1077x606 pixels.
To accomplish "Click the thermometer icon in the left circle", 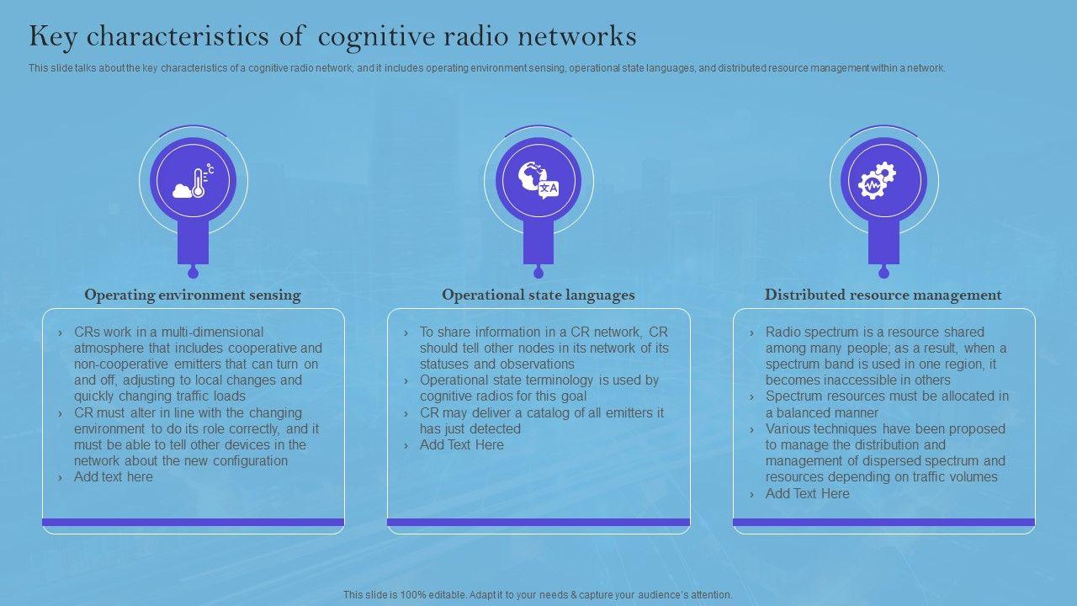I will (x=194, y=182).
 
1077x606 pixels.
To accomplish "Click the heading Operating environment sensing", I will (x=193, y=295).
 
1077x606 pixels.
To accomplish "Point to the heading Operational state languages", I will (x=538, y=295).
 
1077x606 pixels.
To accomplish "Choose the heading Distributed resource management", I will (x=883, y=295).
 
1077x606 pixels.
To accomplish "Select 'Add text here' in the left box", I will (x=114, y=477).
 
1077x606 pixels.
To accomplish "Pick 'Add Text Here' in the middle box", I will (x=462, y=445).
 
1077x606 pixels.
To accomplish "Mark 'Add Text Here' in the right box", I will (x=808, y=494).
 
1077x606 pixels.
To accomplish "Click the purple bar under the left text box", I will (x=194, y=523).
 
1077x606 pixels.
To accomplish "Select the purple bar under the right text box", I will (x=883, y=523).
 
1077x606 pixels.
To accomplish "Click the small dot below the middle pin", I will (x=538, y=273).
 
